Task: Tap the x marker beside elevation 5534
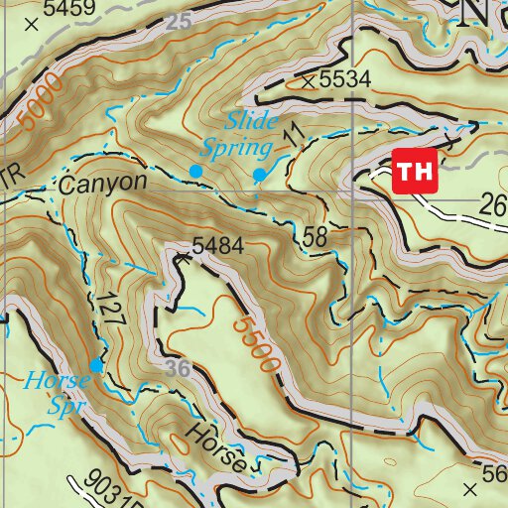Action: click(310, 80)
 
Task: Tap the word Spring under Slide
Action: click(237, 149)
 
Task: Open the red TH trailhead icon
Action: click(415, 171)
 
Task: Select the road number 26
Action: click(492, 206)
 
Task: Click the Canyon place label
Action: click(102, 184)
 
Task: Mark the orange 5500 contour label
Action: click(257, 345)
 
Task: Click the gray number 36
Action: click(178, 368)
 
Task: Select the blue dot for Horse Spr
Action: click(96, 365)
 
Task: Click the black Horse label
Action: click(215, 449)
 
